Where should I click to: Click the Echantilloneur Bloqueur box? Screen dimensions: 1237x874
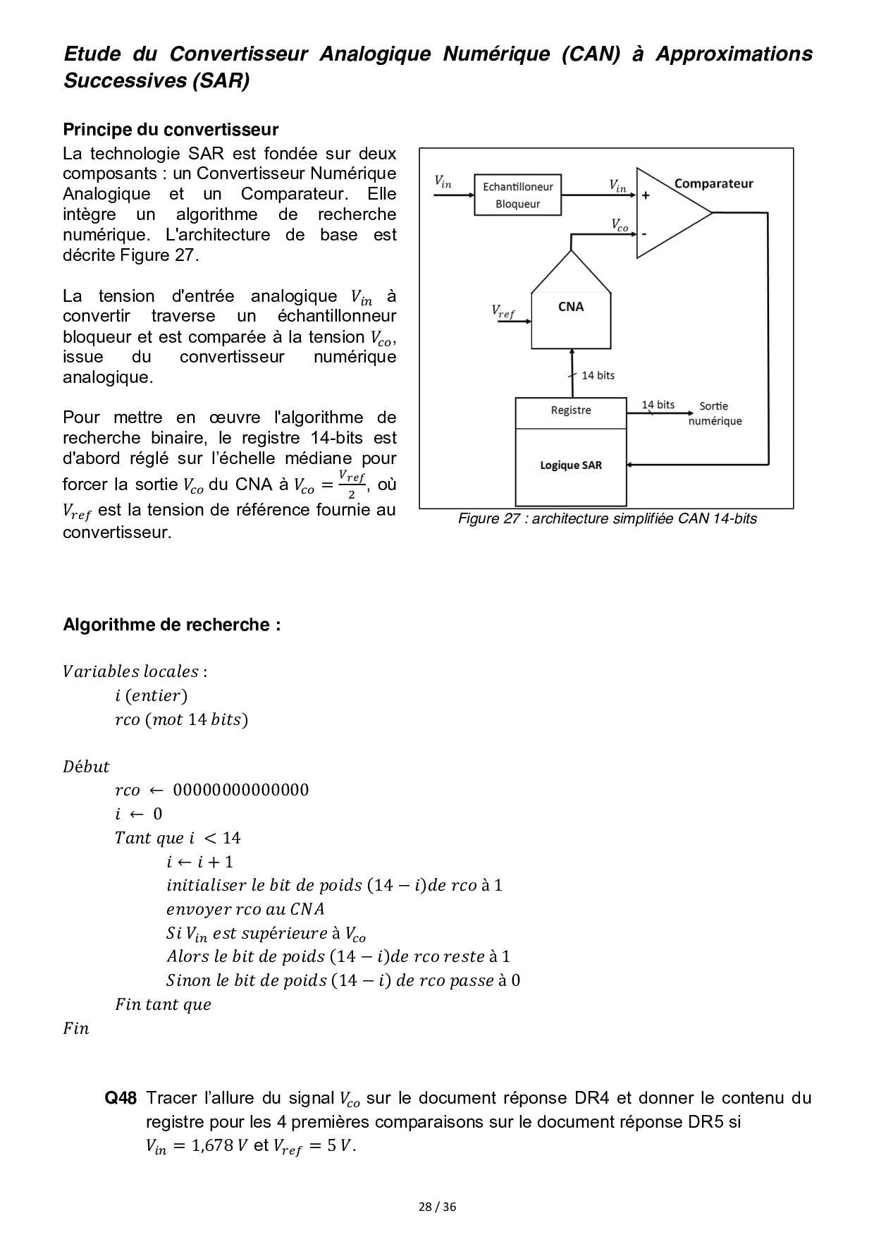pos(517,195)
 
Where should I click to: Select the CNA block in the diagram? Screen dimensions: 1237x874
pos(570,307)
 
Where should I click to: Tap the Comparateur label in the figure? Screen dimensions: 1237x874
pos(713,183)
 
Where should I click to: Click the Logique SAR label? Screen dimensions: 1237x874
pos(571,465)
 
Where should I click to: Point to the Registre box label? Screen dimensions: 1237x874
pos(571,410)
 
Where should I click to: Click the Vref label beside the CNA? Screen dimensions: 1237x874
pos(503,311)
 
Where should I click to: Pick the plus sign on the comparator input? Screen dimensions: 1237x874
pos(645,195)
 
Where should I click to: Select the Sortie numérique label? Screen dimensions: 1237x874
pos(715,413)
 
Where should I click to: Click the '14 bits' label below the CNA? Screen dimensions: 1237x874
pos(598,375)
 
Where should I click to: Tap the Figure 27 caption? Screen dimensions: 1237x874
pos(607,519)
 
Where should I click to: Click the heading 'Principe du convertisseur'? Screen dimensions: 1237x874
pos(171,130)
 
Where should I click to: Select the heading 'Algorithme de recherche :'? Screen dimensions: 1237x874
pos(172,625)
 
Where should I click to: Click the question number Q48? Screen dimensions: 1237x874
pos(121,1098)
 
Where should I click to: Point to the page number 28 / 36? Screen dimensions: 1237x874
pos(437,1207)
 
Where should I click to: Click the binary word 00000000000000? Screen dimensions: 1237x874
pos(241,790)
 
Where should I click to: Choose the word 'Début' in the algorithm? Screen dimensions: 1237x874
pos(86,767)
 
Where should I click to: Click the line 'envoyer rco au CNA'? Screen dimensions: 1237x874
pos(245,909)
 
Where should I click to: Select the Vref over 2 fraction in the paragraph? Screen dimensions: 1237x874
pos(351,485)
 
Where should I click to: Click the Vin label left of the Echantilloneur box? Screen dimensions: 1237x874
pos(443,182)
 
